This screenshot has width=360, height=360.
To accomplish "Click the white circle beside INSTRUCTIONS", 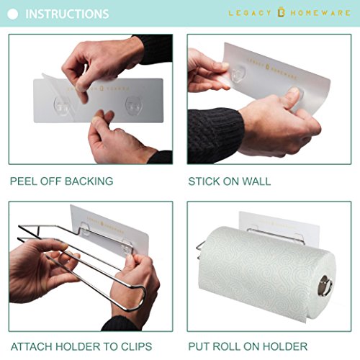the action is point(13,14).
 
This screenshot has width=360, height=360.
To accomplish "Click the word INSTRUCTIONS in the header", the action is point(67,14).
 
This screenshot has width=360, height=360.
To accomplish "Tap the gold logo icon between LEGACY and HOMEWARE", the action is point(281,12).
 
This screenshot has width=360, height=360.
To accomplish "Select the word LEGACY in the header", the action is point(250,13).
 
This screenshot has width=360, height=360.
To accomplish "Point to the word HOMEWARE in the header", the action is point(320,13).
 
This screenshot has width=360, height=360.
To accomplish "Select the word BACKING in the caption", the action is point(89,181).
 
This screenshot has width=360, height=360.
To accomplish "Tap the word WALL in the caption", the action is point(256,181).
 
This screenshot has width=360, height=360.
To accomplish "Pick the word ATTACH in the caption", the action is point(32,347).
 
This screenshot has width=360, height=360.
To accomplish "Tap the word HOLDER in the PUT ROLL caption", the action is point(285,346).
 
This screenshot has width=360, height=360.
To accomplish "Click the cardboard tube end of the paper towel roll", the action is point(325,286).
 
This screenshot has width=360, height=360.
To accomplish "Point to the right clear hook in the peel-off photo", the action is point(133,105).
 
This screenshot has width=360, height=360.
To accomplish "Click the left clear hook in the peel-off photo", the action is point(62,106).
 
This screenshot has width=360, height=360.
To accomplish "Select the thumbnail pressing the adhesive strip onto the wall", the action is point(293,91).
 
